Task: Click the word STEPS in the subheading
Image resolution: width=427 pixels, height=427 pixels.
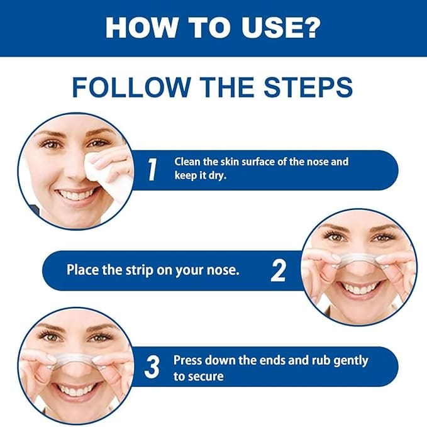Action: (x=308, y=87)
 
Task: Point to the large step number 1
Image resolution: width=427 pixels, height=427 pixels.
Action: (x=152, y=169)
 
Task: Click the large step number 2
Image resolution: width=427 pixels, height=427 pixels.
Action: (x=279, y=270)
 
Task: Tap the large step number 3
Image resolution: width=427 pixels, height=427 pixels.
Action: (x=152, y=367)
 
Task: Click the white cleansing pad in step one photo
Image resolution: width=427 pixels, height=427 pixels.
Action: (x=109, y=174)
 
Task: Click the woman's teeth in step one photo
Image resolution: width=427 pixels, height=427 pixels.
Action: (x=75, y=195)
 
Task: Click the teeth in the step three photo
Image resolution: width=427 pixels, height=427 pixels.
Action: (x=74, y=390)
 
